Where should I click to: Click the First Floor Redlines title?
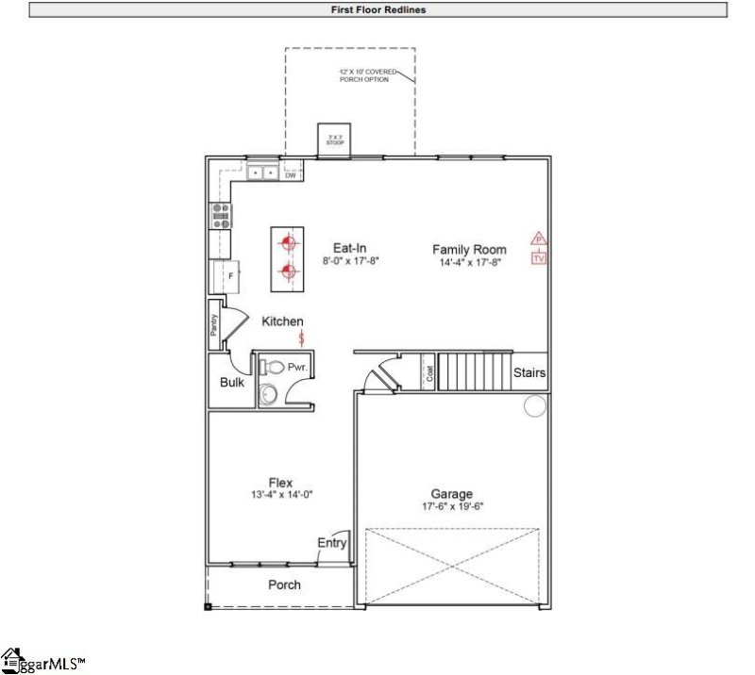point(377,9)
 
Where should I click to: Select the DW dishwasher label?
point(291,175)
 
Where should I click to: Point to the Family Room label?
point(469,250)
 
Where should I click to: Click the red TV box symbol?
point(539,257)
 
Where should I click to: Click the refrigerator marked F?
point(220,275)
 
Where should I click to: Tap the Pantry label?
point(214,325)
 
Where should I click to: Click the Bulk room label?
point(232,383)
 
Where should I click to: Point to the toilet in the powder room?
point(273,366)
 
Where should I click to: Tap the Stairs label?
point(529,372)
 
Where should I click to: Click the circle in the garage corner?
point(535,406)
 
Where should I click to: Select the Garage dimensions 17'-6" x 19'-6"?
point(452,506)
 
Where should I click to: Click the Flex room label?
point(280,483)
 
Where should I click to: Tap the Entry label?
point(332,543)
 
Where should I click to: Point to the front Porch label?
point(284,584)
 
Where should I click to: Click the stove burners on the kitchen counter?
point(220,216)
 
